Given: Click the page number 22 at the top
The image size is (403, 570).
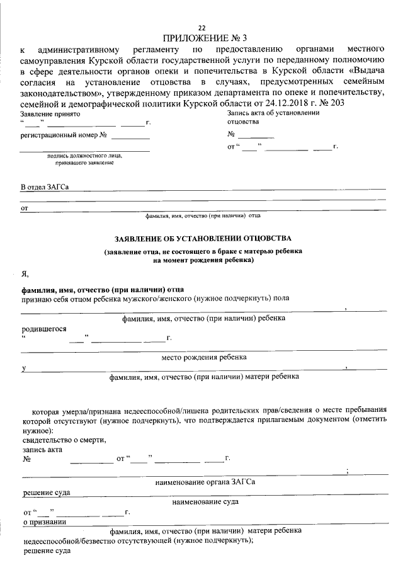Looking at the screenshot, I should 201,28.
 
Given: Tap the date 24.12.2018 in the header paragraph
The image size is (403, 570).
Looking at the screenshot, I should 293,103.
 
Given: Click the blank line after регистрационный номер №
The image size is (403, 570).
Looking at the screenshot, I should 131,135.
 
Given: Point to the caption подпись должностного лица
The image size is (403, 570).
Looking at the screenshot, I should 84,156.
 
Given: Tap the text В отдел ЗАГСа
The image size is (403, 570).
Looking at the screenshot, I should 44,187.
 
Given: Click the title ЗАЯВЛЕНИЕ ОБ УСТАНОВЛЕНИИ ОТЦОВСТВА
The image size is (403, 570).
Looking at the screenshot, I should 203,239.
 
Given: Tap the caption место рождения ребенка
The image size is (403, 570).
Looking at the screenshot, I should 204,357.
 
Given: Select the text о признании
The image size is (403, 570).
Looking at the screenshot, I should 45,522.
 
